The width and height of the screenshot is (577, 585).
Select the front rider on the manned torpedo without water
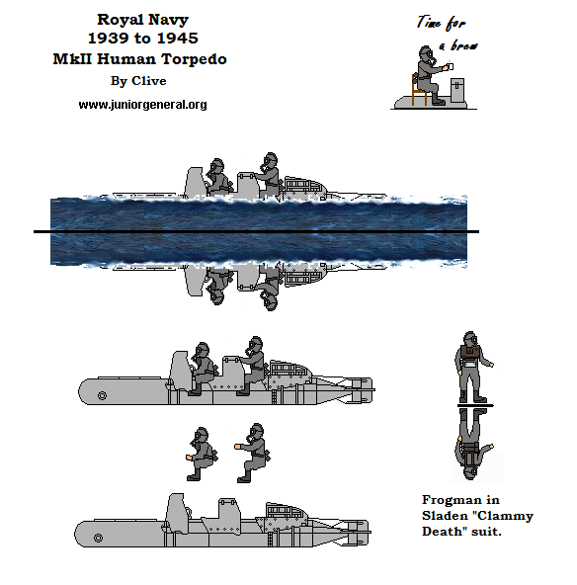[203, 368]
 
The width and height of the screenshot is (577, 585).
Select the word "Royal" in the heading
[118, 19]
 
